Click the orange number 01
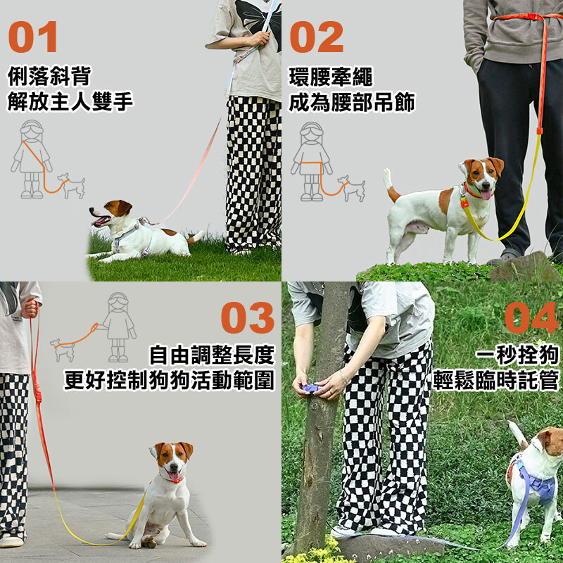[x=32, y=37]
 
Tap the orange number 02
[x=316, y=37]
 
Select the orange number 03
[x=248, y=317]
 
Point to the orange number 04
[x=531, y=317]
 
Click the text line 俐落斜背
[x=49, y=76]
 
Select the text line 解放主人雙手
[x=70, y=101]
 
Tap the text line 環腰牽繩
[x=331, y=77]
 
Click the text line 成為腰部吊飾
[x=352, y=102]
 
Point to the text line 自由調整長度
[x=212, y=355]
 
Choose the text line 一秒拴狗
[x=517, y=355]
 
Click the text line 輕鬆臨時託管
[x=496, y=380]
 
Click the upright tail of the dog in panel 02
[x=391, y=184]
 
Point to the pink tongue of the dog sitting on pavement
[x=174, y=476]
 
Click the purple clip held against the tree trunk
[x=310, y=388]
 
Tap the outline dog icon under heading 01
[x=72, y=185]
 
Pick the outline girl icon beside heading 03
[x=118, y=327]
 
